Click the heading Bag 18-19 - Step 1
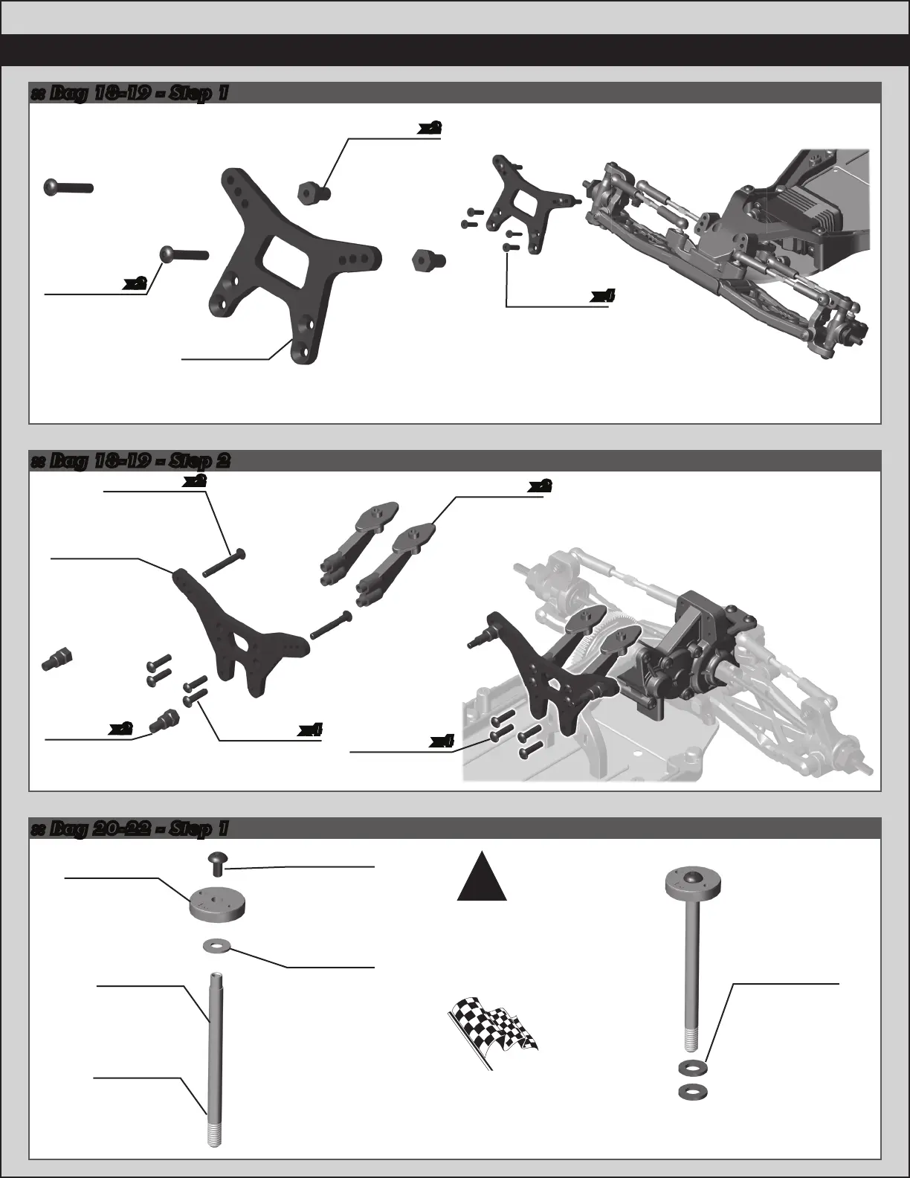pos(129,94)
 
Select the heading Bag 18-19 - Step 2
pos(131,461)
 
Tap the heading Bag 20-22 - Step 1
pos(129,828)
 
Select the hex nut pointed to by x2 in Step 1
pos(312,193)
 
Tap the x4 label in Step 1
pos(603,296)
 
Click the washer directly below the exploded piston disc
pos(217,947)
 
